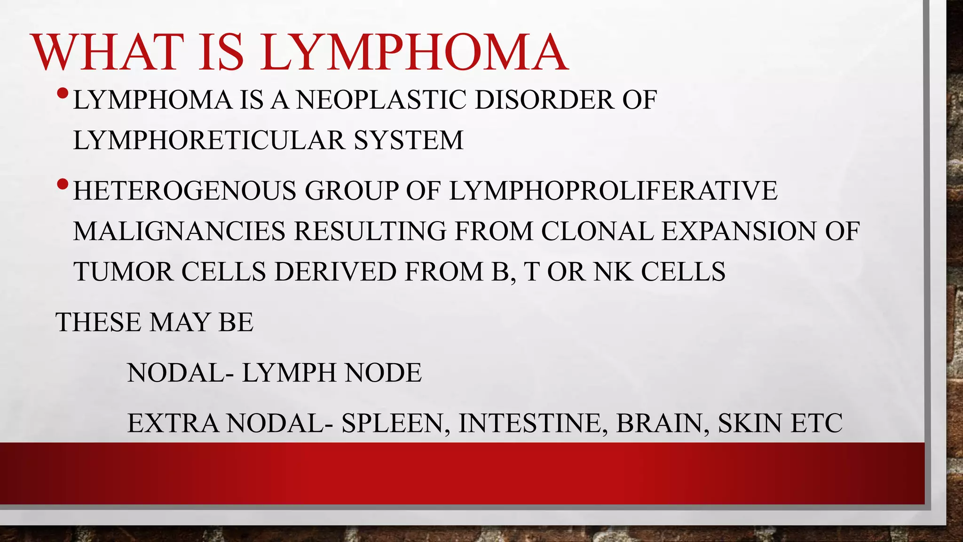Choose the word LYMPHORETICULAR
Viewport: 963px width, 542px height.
click(209, 140)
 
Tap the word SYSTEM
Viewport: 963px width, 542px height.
click(409, 140)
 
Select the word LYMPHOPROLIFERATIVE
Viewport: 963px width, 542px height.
click(613, 191)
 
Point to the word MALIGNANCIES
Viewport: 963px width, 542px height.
click(179, 231)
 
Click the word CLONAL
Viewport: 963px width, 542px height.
click(597, 231)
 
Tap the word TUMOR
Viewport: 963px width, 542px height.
click(123, 271)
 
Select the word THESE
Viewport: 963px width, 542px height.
click(98, 322)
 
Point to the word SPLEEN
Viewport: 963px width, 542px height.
click(393, 423)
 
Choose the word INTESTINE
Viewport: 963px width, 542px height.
click(530, 423)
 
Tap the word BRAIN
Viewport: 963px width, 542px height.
click(659, 423)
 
